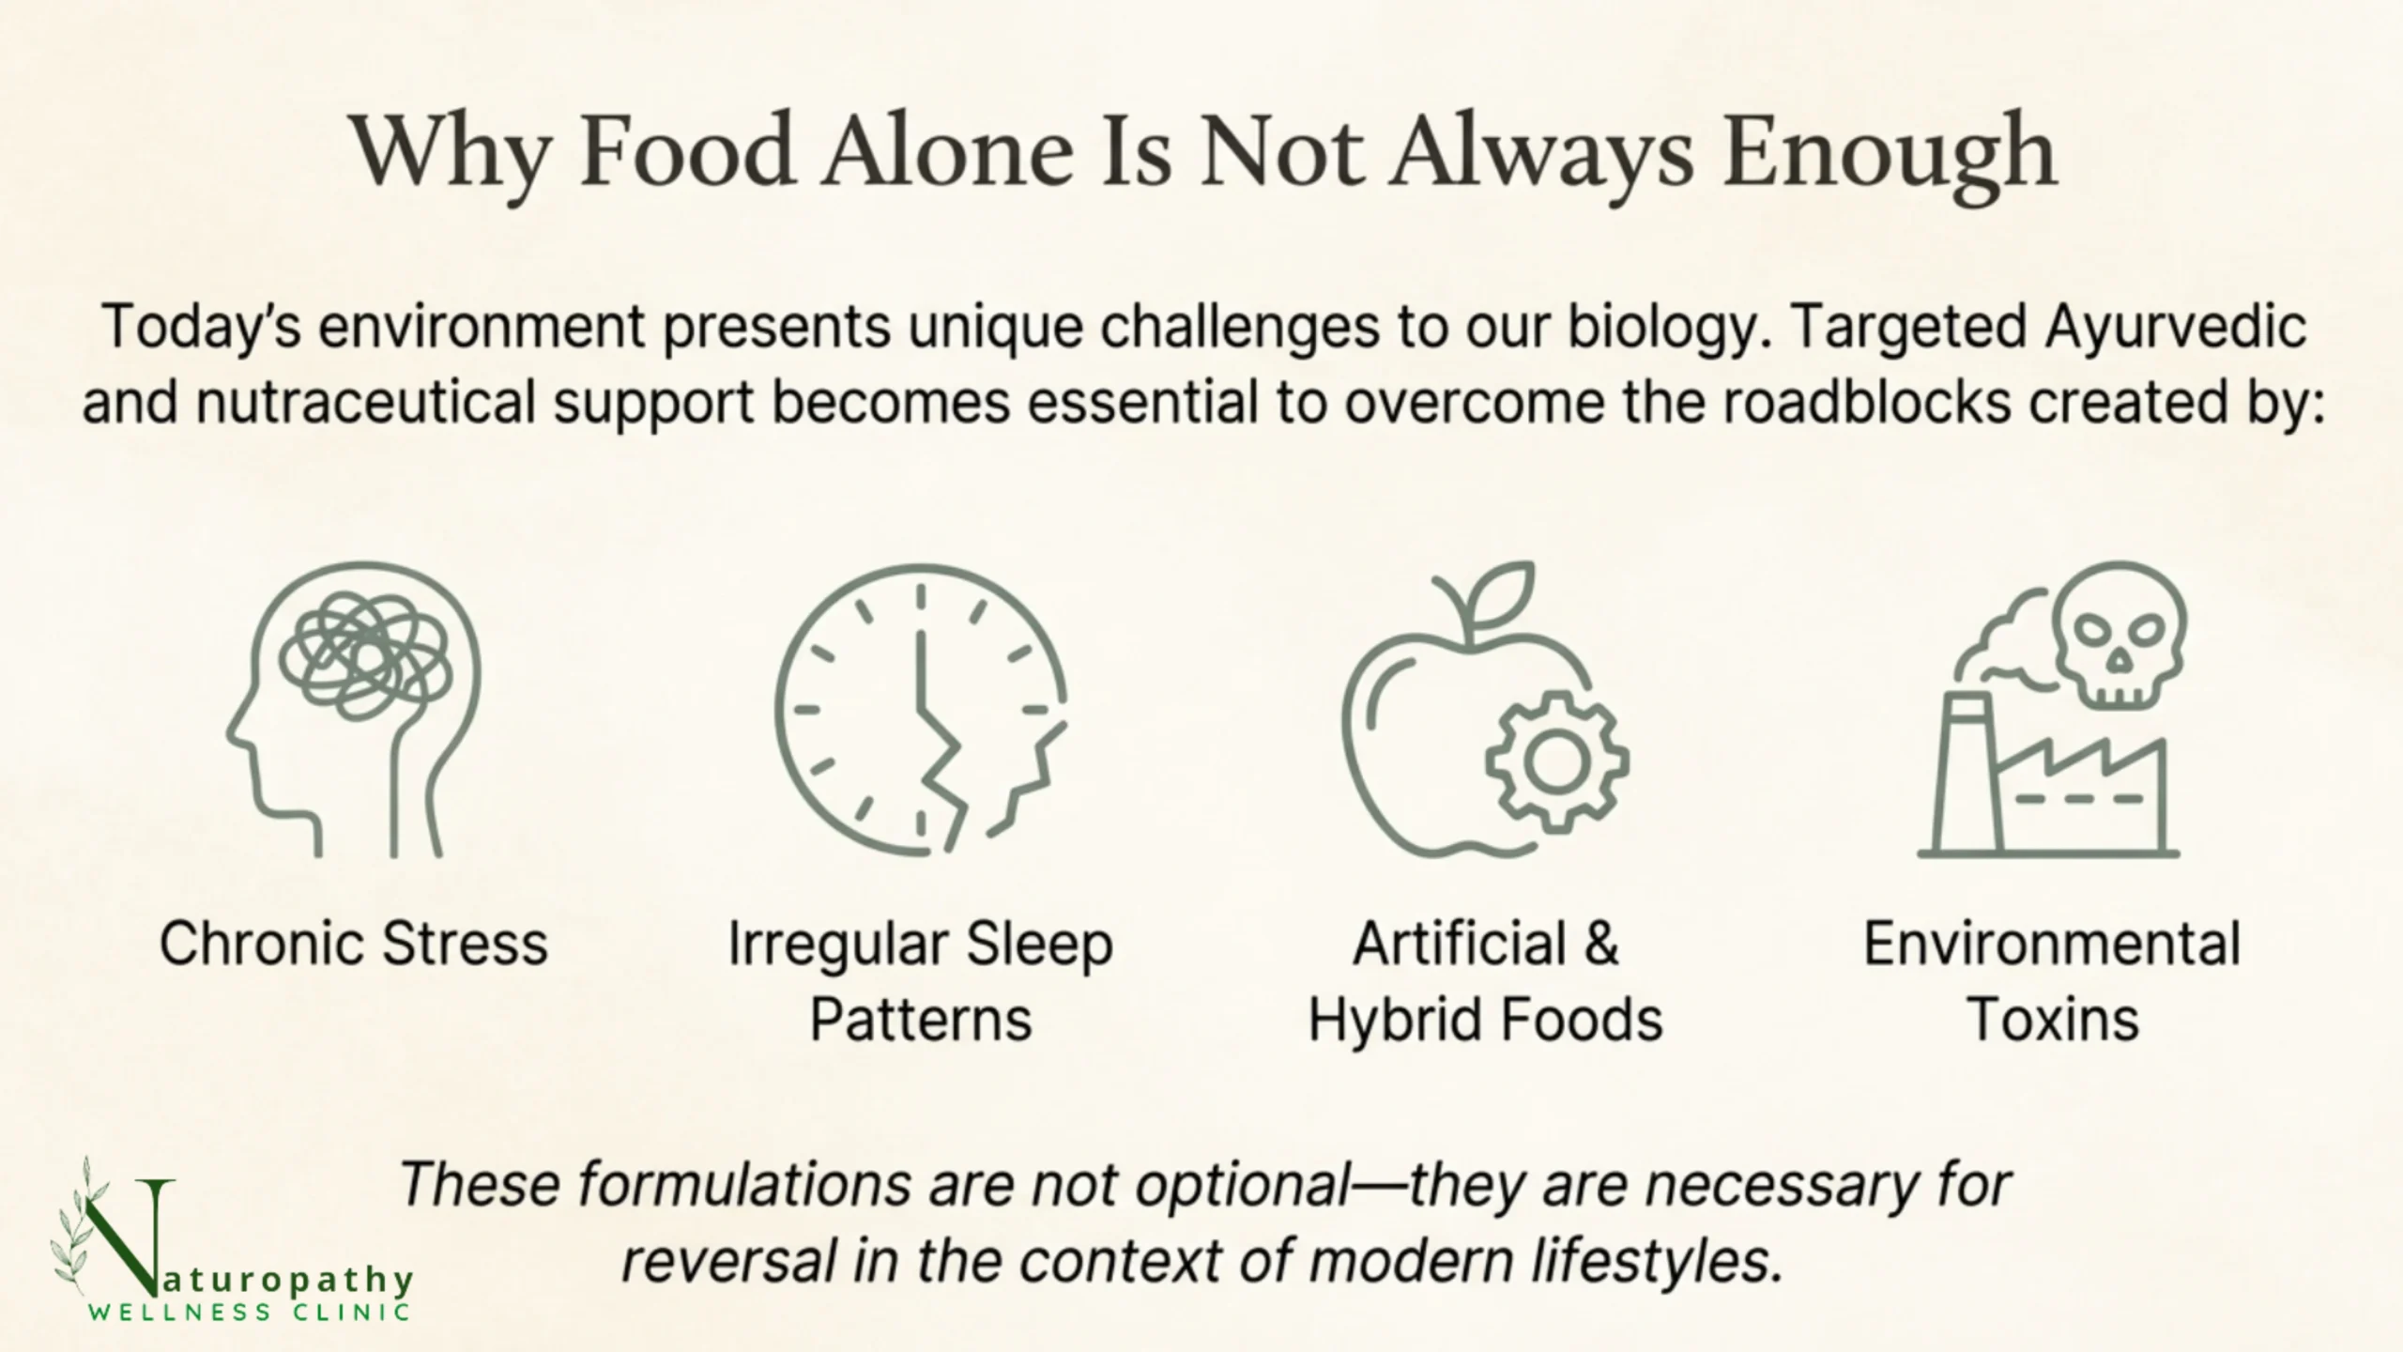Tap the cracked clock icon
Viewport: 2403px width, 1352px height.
[921, 709]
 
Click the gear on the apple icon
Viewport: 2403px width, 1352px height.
[1556, 761]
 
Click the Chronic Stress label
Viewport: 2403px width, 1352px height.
[354, 944]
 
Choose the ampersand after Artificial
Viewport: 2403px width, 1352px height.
[1600, 944]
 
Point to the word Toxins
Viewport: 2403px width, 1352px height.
[2052, 1020]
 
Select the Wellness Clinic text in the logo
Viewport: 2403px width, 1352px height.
[250, 1312]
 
